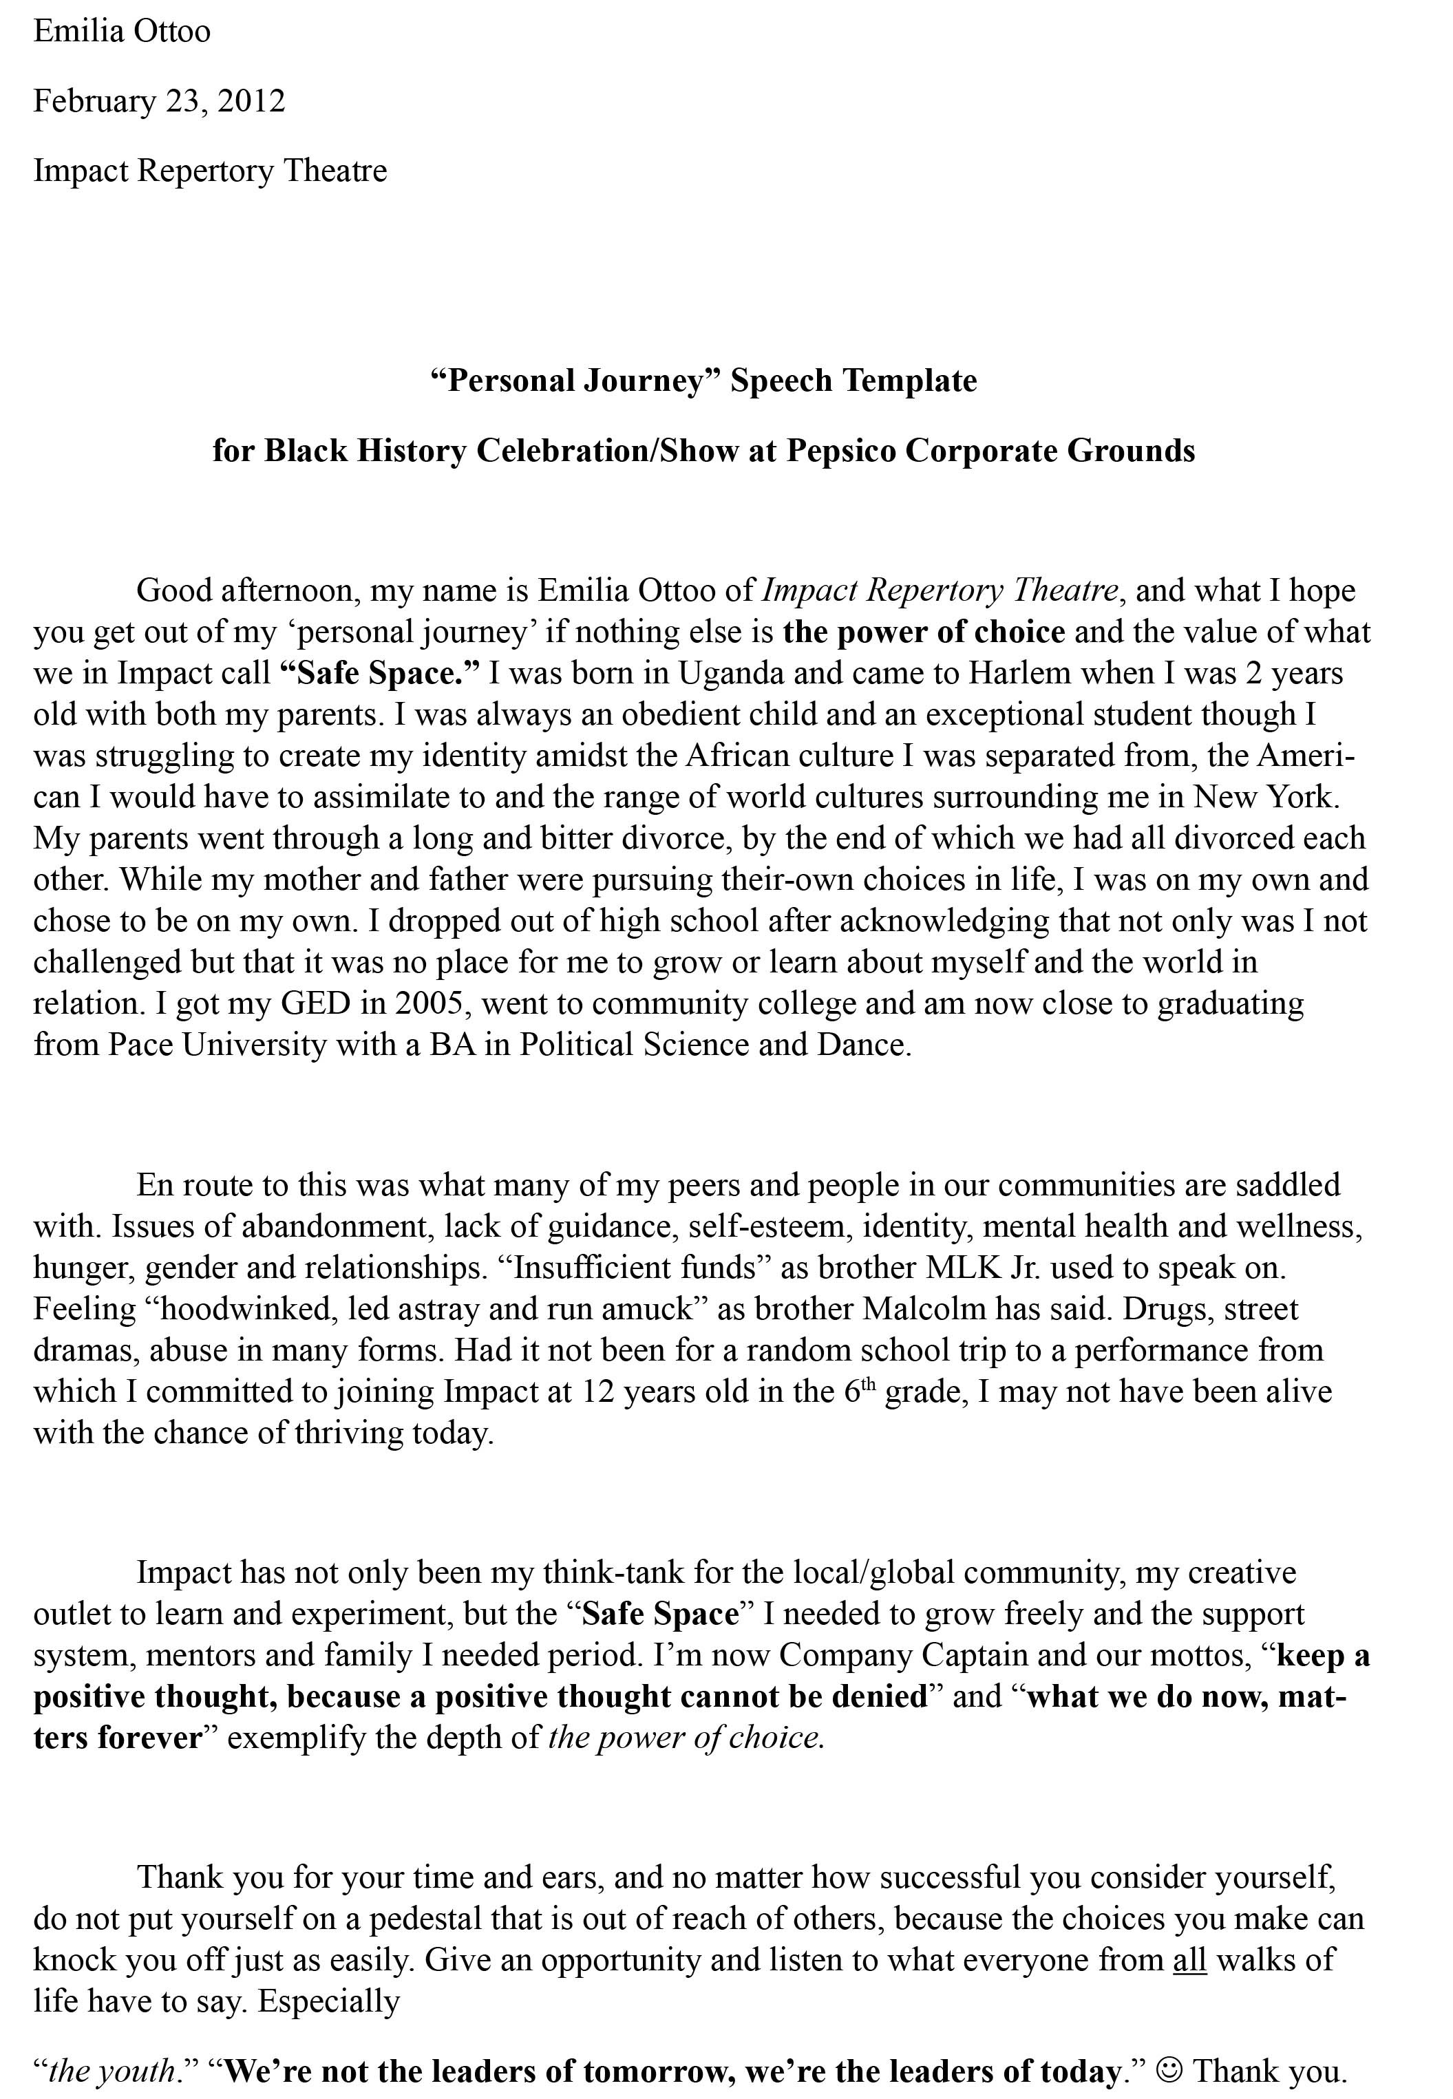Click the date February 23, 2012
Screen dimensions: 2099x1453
[x=159, y=100]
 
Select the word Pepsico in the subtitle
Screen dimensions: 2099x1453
[x=840, y=451]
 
